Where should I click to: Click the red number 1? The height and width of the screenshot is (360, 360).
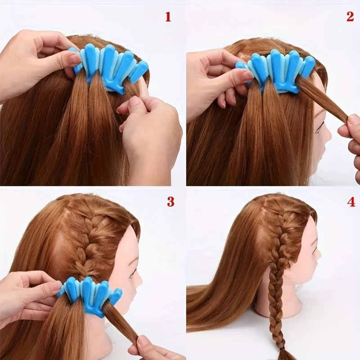168,17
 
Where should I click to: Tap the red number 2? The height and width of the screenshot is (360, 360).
350,17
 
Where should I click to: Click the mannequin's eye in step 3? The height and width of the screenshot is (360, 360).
134,274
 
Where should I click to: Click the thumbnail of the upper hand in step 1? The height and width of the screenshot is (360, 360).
74,58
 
